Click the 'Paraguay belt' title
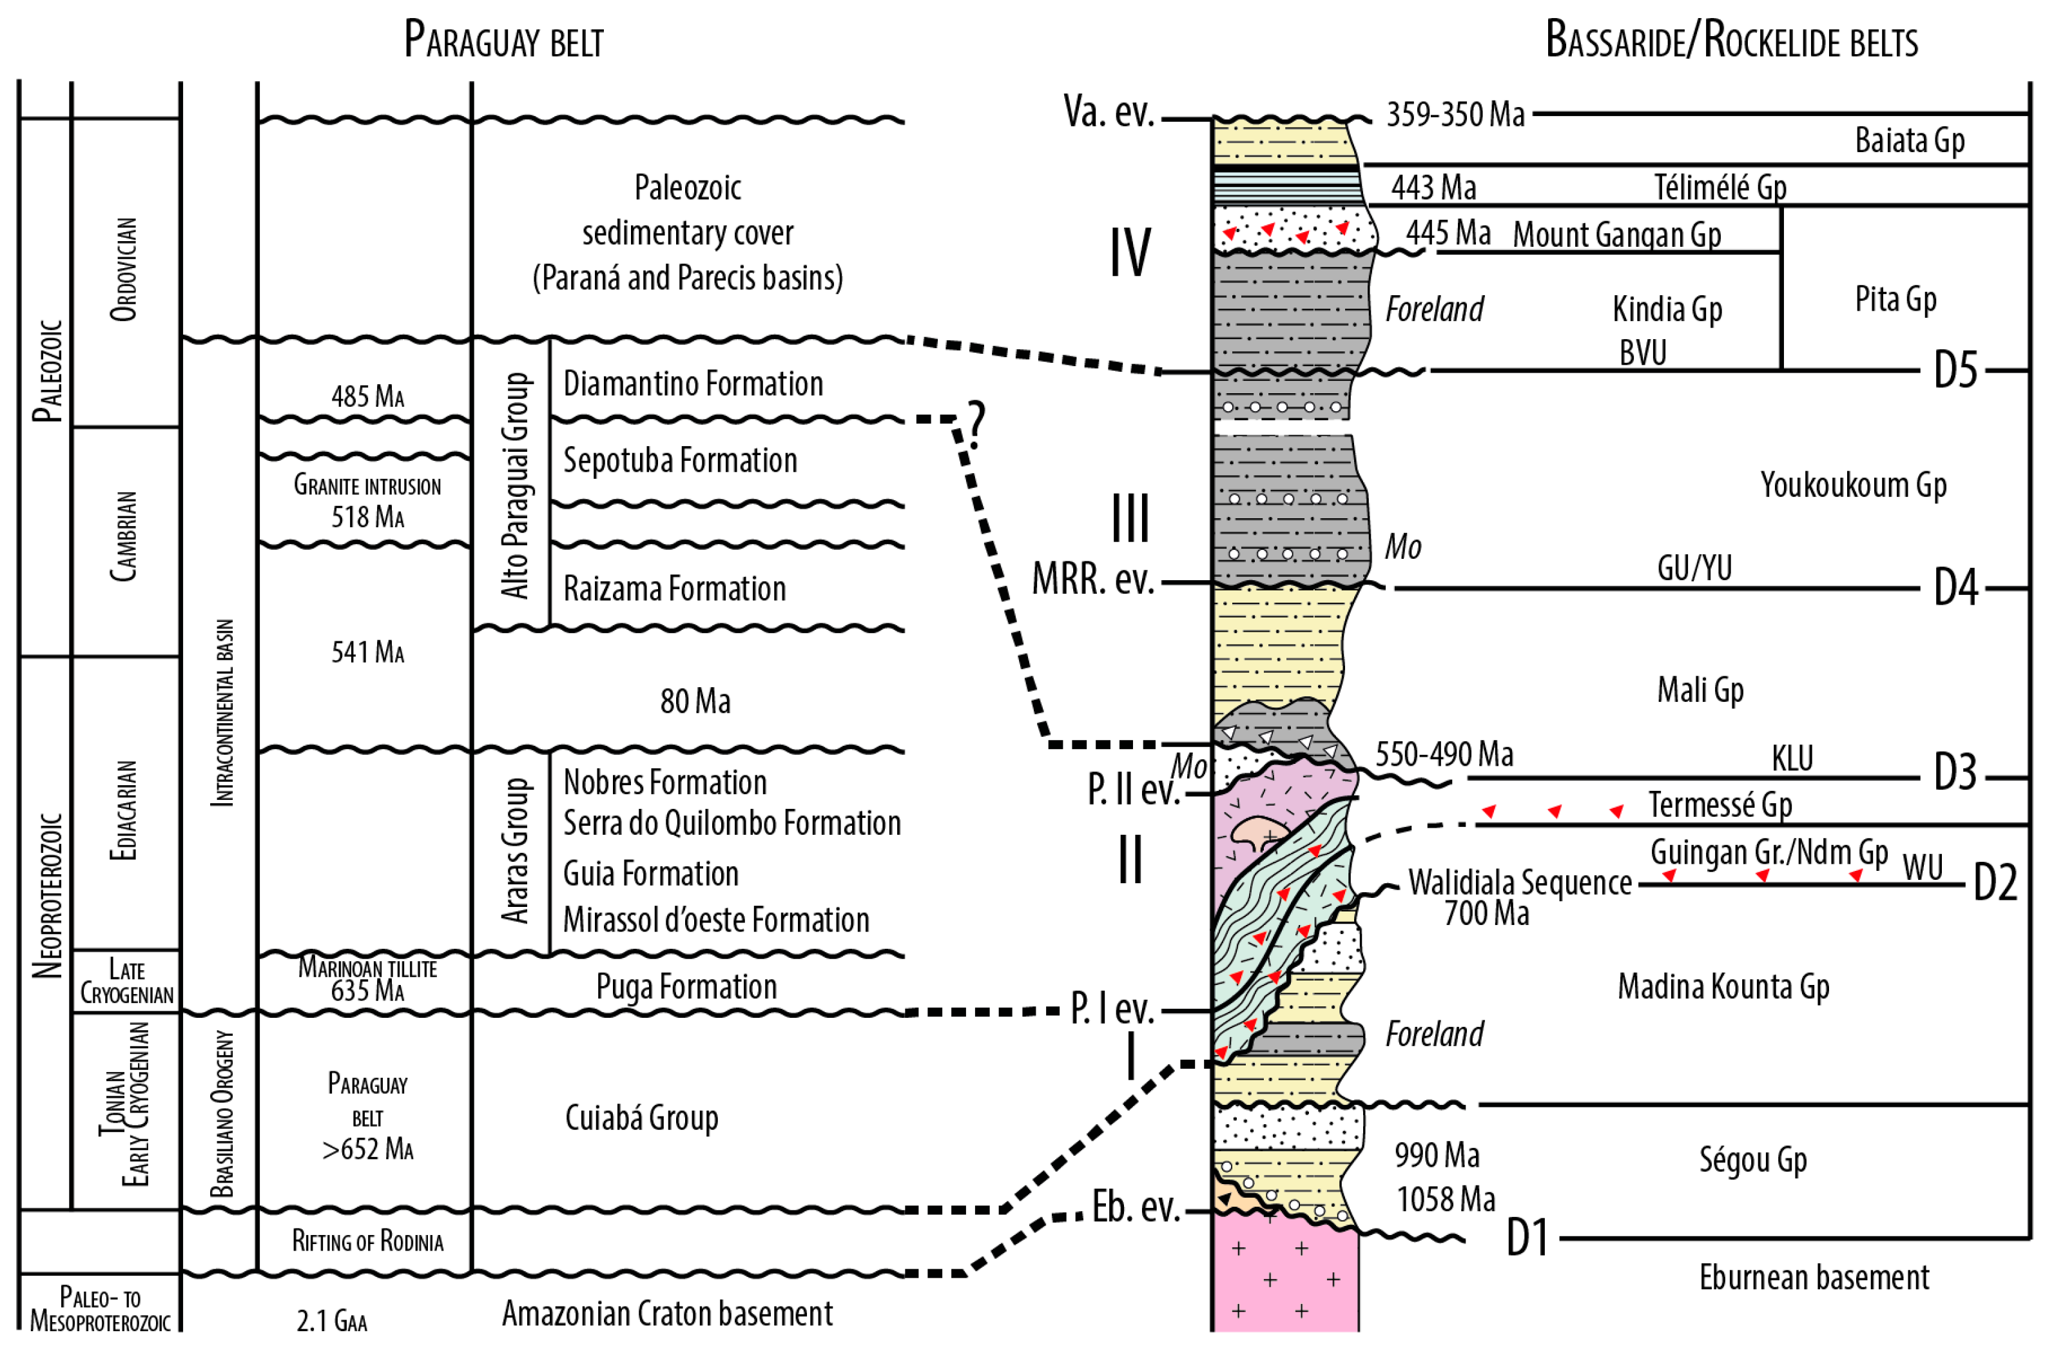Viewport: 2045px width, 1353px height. click(504, 40)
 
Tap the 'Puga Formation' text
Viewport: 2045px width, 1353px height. click(686, 987)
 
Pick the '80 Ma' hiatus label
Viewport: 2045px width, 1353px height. click(695, 701)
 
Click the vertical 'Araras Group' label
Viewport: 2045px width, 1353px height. click(515, 851)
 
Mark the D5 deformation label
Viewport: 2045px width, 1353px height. click(1954, 371)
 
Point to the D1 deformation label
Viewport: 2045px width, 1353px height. click(1527, 1239)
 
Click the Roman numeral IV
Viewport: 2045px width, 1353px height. click(1129, 254)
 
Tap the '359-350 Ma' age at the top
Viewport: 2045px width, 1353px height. click(1455, 115)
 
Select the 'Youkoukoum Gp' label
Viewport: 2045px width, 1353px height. click(1853, 485)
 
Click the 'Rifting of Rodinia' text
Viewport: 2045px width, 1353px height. click(367, 1241)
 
